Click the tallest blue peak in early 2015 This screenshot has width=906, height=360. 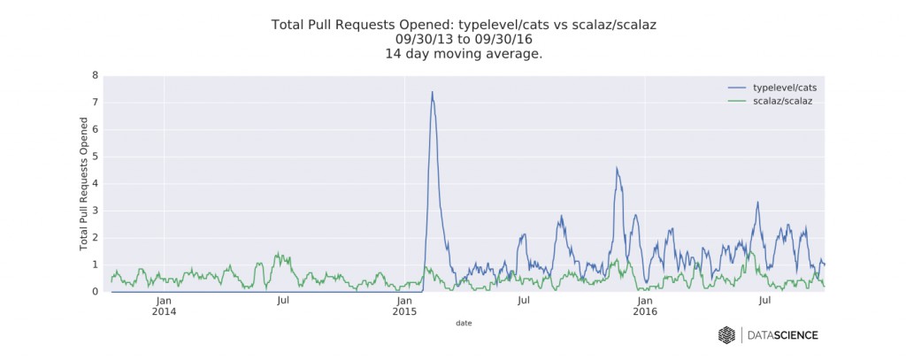[x=432, y=93]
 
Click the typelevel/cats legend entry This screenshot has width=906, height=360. [x=782, y=88]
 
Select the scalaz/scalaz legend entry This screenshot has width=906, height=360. [x=782, y=102]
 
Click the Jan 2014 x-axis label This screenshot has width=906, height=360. [x=164, y=306]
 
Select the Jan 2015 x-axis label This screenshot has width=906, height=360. [x=404, y=306]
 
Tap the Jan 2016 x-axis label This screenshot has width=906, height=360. [x=645, y=306]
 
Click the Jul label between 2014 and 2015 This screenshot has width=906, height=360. [x=283, y=301]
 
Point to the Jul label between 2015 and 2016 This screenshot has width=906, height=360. [x=524, y=301]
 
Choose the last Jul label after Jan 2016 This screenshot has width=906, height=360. [x=764, y=301]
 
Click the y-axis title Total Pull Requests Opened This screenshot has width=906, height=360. [x=84, y=184]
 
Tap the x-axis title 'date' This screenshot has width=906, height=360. [x=464, y=324]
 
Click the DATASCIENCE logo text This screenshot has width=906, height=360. [x=782, y=335]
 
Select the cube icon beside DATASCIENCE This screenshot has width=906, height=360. [x=726, y=335]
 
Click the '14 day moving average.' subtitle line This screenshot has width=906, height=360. [x=464, y=54]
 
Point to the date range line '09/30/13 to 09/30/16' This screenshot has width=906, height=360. [x=464, y=40]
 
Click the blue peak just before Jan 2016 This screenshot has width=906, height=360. [x=617, y=168]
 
